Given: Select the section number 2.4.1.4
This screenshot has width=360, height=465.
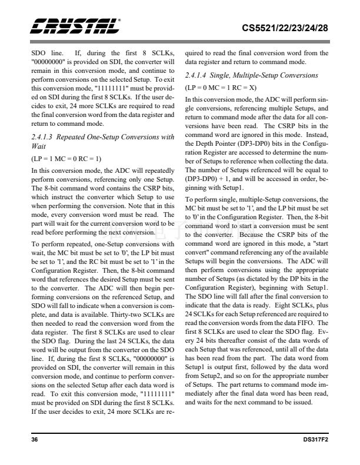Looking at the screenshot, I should point(201,76).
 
